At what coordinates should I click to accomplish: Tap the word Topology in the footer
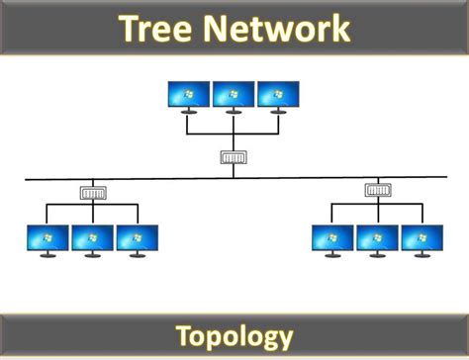234,335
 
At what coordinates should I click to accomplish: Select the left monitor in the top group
190,95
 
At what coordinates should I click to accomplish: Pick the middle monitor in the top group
234,95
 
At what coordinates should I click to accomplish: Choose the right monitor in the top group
278,95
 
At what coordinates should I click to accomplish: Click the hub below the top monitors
234,156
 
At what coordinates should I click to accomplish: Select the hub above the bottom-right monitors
377,190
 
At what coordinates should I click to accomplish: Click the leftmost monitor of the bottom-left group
47,238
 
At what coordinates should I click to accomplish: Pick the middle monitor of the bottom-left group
92,238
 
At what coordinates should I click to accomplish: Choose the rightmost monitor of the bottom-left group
137,238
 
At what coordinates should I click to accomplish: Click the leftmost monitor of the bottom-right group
332,238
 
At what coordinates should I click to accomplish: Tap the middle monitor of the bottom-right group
377,238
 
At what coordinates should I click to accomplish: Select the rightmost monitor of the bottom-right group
421,238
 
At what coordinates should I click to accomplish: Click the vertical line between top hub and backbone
234,171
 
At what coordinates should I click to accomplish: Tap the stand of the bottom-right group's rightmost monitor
421,256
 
